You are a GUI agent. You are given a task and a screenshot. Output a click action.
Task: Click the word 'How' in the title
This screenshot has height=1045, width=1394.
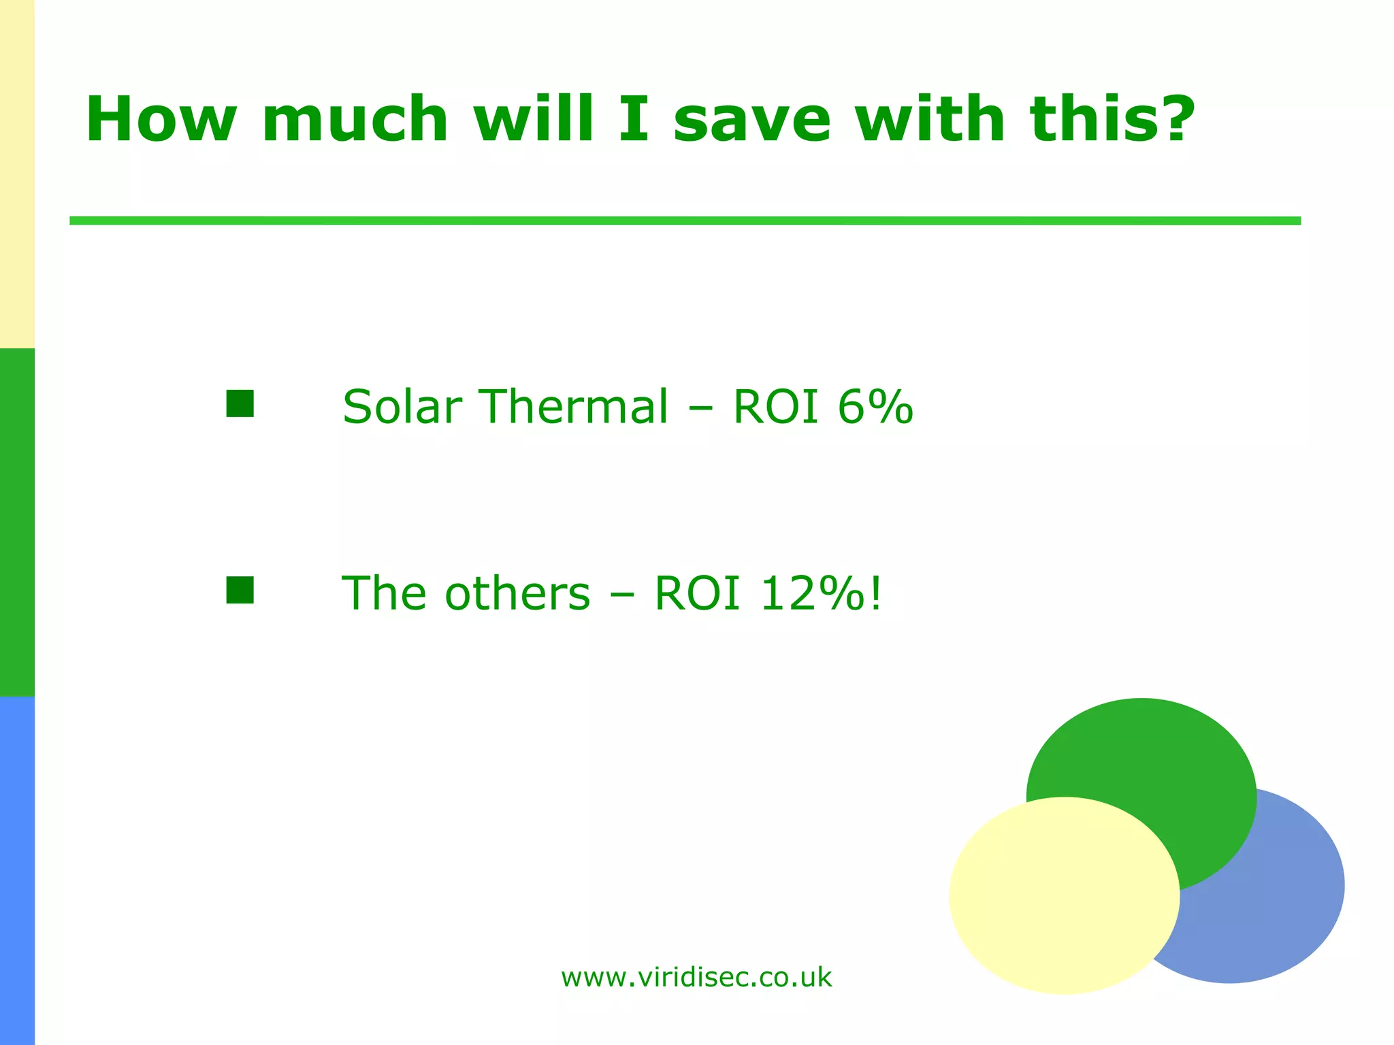click(161, 120)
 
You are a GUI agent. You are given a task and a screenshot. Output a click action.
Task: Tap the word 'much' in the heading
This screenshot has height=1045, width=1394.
click(355, 120)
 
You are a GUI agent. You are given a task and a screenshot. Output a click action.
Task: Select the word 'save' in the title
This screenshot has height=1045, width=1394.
click(752, 120)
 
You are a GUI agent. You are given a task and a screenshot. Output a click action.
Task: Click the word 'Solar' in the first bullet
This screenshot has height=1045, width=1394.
click(402, 407)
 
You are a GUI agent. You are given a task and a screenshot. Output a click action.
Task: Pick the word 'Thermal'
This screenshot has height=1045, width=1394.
click(574, 407)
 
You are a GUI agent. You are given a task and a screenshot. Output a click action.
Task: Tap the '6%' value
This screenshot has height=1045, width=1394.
click(875, 407)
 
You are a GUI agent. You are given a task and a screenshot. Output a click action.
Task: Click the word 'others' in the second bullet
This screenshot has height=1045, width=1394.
click(517, 593)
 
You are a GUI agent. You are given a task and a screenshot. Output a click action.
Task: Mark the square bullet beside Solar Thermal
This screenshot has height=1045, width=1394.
click(240, 403)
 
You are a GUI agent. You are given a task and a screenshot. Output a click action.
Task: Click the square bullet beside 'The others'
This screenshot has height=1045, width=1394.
click(240, 590)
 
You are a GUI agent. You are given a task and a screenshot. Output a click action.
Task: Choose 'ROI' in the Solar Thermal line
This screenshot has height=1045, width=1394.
click(775, 407)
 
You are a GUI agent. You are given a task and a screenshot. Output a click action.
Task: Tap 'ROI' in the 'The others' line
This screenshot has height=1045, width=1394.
click(697, 593)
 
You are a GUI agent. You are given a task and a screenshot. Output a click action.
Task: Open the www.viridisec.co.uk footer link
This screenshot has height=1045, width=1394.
click(696, 978)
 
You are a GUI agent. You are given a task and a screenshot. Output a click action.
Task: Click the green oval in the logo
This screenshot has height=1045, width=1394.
click(1157, 762)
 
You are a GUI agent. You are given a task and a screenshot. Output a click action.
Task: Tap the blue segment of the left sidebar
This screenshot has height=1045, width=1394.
click(17, 871)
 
